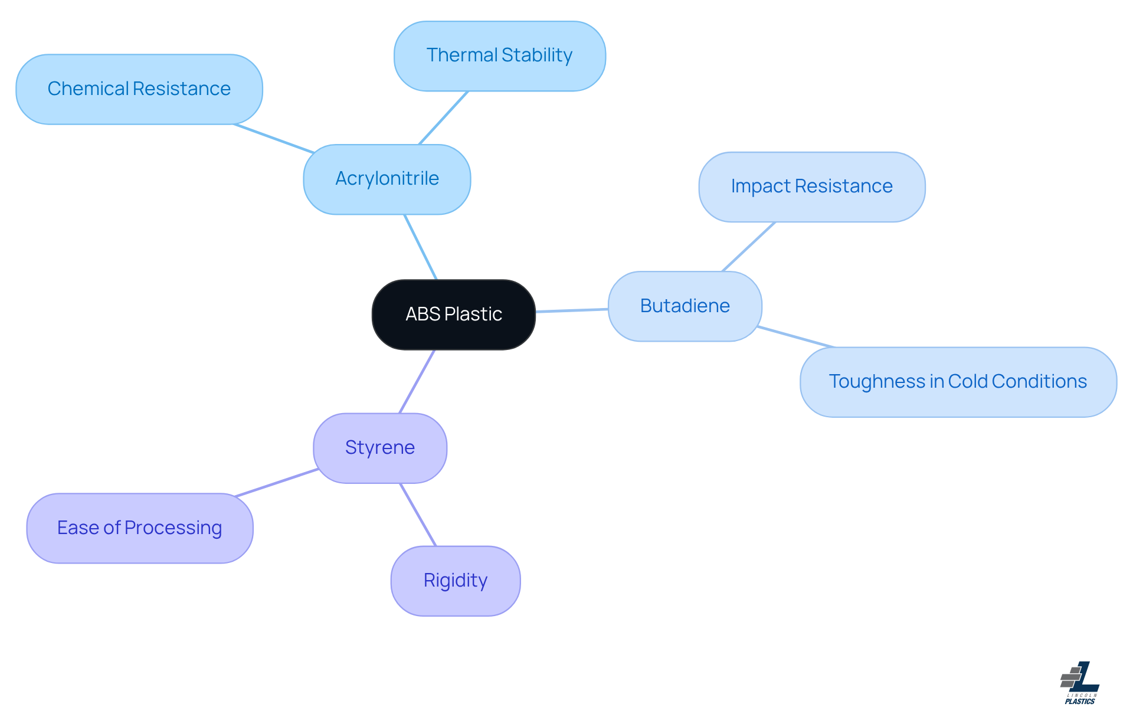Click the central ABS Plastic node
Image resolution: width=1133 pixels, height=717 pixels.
[x=453, y=315]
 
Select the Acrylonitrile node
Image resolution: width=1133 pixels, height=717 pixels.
[x=387, y=179]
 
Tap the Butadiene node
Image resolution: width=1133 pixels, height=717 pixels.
[x=685, y=306]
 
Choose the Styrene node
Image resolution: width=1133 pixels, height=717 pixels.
[x=379, y=448]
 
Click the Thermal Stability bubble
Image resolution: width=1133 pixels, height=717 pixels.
[x=499, y=55]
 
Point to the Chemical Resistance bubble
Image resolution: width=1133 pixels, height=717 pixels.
[x=139, y=89]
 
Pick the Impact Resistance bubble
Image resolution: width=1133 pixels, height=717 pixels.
[x=811, y=186]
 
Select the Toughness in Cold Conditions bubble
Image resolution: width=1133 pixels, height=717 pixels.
[x=958, y=382]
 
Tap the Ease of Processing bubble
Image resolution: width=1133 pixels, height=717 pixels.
[x=139, y=528]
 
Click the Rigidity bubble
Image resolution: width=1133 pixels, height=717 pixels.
[x=455, y=581]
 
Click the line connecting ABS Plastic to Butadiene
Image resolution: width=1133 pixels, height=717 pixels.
[x=571, y=310]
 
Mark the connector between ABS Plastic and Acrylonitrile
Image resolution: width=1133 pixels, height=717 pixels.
[x=420, y=247]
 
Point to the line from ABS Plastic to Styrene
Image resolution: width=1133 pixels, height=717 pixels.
[x=417, y=382]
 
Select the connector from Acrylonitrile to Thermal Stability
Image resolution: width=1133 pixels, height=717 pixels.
[x=443, y=117]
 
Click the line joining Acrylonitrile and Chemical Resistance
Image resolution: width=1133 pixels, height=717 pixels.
[x=274, y=139]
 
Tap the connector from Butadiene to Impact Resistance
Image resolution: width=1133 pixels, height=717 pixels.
[x=748, y=247]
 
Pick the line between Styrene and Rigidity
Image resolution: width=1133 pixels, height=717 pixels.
[x=418, y=515]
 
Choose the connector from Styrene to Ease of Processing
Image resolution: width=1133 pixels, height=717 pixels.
[x=276, y=483]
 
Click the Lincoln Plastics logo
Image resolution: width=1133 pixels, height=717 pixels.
[x=1080, y=683]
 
